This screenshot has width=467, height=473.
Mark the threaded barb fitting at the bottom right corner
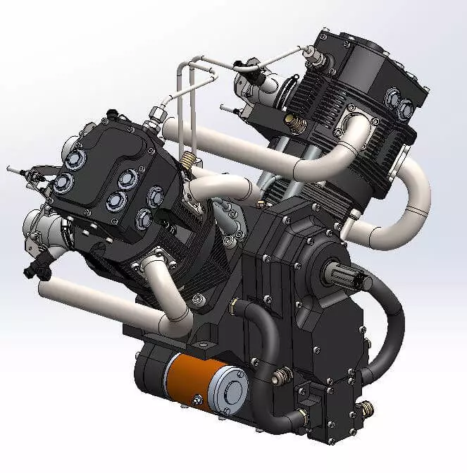366,408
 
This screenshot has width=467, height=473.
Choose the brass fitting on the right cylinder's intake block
289,121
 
